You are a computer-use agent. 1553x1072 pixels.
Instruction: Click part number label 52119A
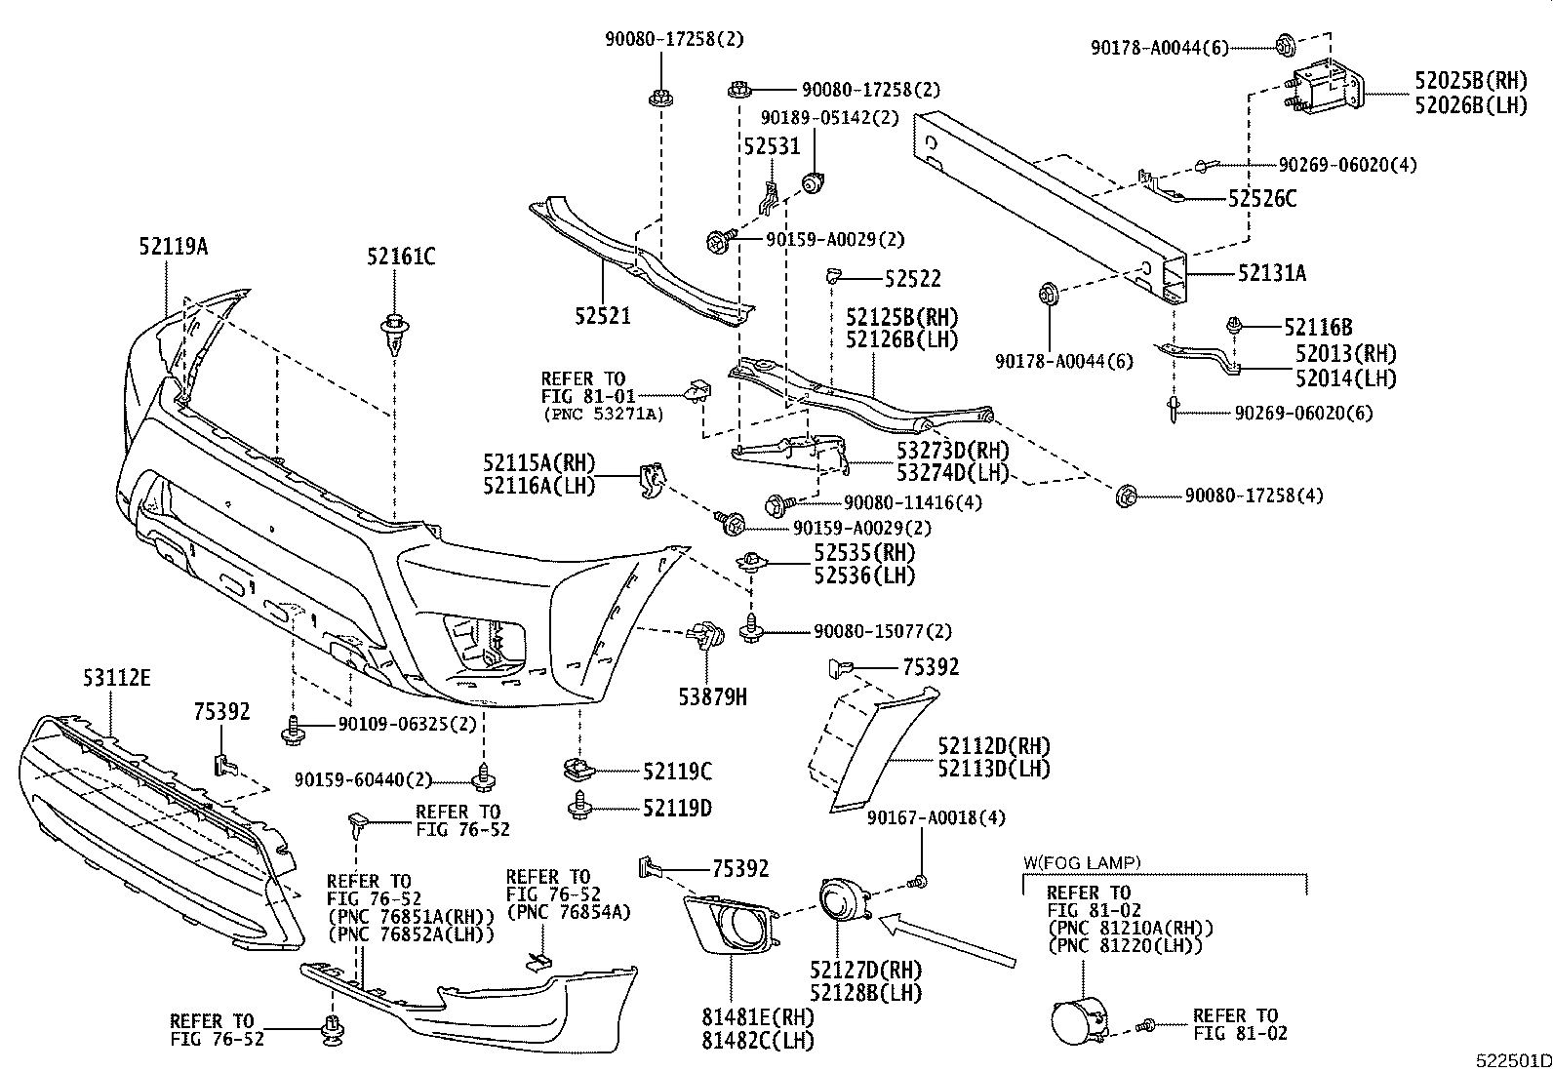[173, 247]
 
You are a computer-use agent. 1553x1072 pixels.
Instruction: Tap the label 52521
[602, 317]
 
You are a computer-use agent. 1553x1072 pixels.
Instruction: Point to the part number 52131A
[1271, 274]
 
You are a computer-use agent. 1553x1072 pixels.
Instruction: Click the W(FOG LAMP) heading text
[1081, 862]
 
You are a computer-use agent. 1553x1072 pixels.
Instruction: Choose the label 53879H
[713, 696]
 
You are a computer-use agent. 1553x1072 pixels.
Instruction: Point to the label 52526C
[1262, 199]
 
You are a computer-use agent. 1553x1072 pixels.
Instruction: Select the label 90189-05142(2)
[829, 117]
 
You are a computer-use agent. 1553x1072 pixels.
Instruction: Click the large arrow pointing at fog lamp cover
[947, 940]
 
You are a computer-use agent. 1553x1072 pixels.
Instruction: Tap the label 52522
[913, 279]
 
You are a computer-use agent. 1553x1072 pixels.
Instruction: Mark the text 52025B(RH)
[1471, 81]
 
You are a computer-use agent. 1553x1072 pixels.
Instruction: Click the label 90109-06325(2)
[408, 725]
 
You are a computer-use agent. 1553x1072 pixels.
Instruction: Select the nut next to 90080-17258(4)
[1123, 496]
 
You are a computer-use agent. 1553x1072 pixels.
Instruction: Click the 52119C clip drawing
[581, 770]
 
